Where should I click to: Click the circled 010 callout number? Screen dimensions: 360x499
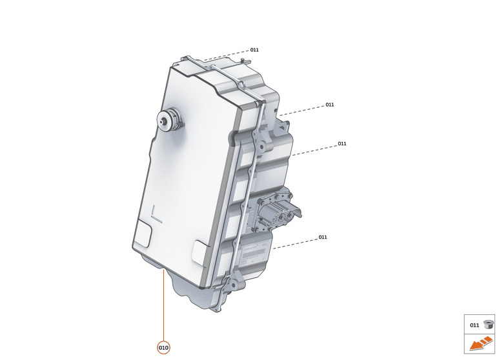pyautogui.click(x=163, y=347)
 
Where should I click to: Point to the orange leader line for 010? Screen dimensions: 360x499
pyautogui.click(x=163, y=303)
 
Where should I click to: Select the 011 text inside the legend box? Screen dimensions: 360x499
pyautogui.click(x=474, y=325)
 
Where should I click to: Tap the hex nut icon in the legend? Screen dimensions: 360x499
pyautogui.click(x=488, y=324)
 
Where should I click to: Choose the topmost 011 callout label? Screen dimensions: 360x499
pyautogui.click(x=254, y=50)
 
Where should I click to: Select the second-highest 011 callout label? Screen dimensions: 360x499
pyautogui.click(x=330, y=105)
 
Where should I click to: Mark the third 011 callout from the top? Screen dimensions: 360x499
pyautogui.click(x=342, y=144)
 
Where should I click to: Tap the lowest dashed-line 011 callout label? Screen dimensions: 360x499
pyautogui.click(x=323, y=237)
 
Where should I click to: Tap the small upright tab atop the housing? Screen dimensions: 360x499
pyautogui.click(x=243, y=61)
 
